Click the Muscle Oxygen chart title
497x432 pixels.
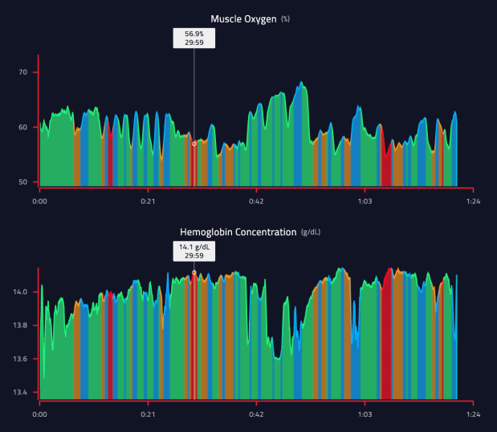tap(243, 18)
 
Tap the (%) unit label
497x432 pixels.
tap(286, 18)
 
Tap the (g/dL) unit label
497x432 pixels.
tap(310, 232)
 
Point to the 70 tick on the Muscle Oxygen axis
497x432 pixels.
tap(23, 72)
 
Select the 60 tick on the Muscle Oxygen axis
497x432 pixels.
tap(23, 127)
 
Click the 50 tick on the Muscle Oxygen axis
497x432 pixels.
tap(23, 182)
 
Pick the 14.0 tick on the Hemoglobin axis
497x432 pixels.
tap(21, 292)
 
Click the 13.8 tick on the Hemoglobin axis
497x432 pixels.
tap(21, 325)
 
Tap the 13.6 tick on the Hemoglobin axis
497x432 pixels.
tap(21, 359)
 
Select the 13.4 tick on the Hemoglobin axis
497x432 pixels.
tap(21, 393)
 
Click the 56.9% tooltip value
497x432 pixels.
tap(194, 34)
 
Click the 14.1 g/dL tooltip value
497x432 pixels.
tap(194, 247)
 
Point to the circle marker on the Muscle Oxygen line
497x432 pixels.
tap(194, 144)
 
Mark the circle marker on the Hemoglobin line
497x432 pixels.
tap(194, 273)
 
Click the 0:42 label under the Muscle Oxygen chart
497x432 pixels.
tap(256, 201)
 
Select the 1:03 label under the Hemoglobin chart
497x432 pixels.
tap(365, 414)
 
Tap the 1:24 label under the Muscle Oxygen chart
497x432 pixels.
tap(473, 201)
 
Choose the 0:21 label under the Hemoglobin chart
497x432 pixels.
tap(148, 414)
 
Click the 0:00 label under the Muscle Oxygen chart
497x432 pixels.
tap(39, 201)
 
